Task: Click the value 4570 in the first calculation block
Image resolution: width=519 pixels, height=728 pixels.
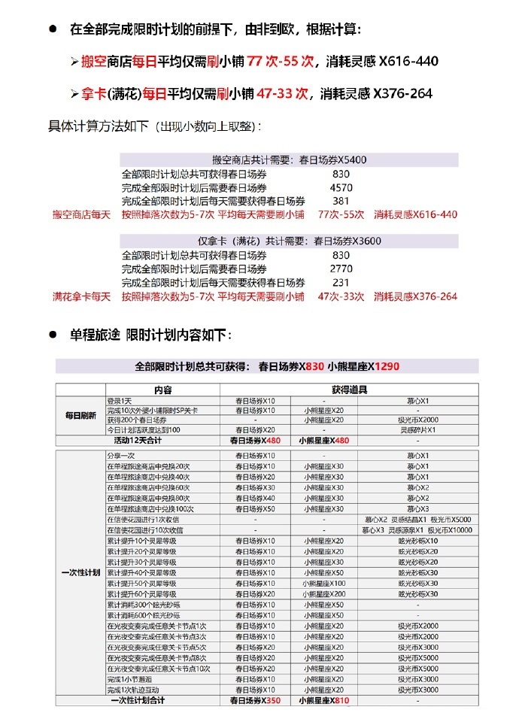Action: click(341, 187)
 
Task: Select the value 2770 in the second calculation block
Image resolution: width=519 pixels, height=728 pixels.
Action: click(341, 268)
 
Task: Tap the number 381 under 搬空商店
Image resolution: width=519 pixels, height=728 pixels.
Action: click(341, 201)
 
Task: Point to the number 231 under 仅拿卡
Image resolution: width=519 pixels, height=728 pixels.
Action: click(341, 282)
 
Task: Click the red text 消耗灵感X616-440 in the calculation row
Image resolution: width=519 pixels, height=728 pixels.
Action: click(415, 214)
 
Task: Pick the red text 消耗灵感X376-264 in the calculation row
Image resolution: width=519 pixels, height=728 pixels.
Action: click(415, 296)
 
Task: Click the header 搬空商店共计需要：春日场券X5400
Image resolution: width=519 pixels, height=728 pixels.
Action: click(290, 160)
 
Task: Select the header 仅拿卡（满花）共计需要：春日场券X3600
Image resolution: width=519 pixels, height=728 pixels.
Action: click(290, 241)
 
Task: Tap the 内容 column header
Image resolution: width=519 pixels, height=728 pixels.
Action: click(163, 390)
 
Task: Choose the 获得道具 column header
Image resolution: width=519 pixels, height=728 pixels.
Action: click(349, 390)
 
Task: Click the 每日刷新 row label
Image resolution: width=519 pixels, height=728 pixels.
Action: click(80, 415)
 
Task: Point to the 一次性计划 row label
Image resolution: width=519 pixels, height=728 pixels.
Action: click(80, 573)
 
